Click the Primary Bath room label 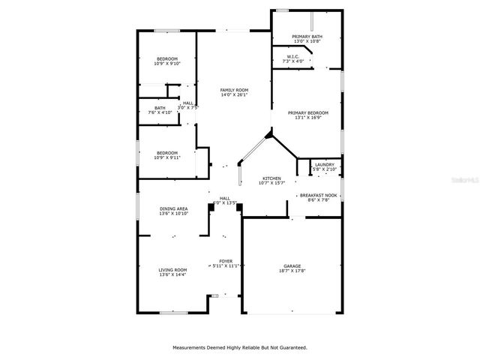coord(307,37)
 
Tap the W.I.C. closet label coord(293,56)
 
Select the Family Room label coord(234,90)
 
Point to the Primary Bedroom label coord(308,112)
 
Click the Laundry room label coord(325,164)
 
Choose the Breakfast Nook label coord(322,195)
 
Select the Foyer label coord(225,260)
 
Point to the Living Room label coord(172,270)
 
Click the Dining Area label coord(173,208)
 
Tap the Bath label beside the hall coord(160,107)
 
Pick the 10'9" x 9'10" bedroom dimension coord(167,64)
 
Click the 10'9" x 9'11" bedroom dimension coord(167,157)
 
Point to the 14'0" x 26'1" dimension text coord(234,95)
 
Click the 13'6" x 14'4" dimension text coord(172,275)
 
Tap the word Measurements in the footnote coord(193,347)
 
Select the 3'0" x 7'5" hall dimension coord(187,107)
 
